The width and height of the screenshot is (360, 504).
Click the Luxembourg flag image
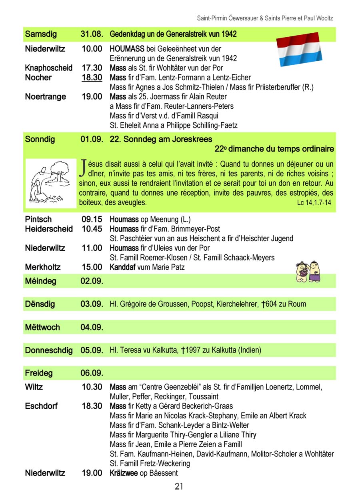pyautogui.click(x=300, y=49)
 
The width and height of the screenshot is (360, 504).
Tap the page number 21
pyautogui.click(x=179, y=486)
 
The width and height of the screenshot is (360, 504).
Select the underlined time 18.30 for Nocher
pyautogui.click(x=92, y=78)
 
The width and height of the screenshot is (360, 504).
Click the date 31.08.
pyautogui.click(x=92, y=34)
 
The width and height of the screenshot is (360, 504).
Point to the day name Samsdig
pyautogui.click(x=41, y=34)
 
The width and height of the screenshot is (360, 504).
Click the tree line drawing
pyautogui.click(x=50, y=183)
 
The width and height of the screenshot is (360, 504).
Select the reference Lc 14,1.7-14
pyautogui.click(x=314, y=203)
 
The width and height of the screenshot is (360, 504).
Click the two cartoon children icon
pyautogui.click(x=308, y=272)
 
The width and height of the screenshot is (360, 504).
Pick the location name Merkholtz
pyautogui.click(x=43, y=267)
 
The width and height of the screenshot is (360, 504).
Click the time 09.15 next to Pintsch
pyautogui.click(x=92, y=219)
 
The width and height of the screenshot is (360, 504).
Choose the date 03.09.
pyautogui.click(x=92, y=304)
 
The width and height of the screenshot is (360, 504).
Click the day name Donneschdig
pyautogui.click(x=49, y=350)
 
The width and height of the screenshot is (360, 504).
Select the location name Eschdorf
pyautogui.click(x=41, y=406)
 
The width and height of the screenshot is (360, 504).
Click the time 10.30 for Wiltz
pyautogui.click(x=92, y=387)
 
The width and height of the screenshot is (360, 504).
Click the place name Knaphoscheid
pyautogui.click(x=49, y=68)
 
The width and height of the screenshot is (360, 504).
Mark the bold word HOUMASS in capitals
pyautogui.click(x=127, y=49)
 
